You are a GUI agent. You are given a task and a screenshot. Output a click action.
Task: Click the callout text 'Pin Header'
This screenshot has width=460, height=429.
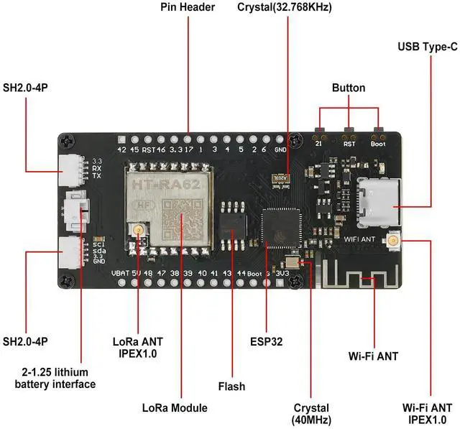[188, 8]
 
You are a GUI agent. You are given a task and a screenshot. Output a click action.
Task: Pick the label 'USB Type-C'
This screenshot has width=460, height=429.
[428, 47]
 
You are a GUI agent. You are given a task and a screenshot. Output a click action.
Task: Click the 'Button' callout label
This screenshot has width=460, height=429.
[349, 88]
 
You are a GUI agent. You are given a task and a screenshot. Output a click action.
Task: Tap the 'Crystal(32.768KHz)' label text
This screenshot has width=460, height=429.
[287, 8]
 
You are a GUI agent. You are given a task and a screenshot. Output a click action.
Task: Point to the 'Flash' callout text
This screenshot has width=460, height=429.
[232, 387]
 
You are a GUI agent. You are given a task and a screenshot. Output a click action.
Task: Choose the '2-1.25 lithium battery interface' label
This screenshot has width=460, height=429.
[55, 378]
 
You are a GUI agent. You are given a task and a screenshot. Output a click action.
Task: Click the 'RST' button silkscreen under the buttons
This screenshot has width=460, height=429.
[349, 143]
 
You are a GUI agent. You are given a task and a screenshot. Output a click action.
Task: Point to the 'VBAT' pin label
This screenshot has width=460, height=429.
[119, 273]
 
